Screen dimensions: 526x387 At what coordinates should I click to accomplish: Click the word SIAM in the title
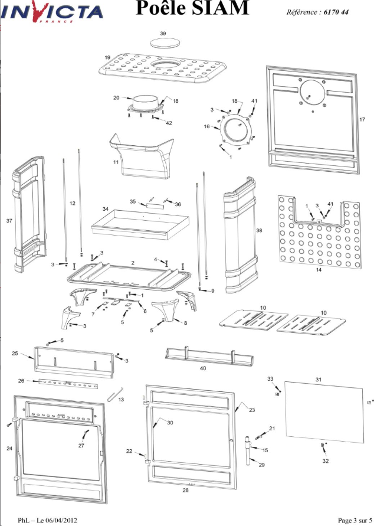point(222,8)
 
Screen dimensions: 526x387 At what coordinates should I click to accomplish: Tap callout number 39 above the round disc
point(163,34)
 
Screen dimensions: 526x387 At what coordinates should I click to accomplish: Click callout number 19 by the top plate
point(108,57)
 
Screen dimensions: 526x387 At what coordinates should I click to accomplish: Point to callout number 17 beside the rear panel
point(362,119)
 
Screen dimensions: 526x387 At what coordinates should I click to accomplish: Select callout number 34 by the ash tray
point(106,209)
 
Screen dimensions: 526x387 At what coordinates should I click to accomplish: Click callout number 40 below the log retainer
point(202,368)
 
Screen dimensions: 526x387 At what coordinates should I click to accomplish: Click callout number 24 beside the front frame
point(9,449)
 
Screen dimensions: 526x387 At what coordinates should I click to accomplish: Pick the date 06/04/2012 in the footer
point(57,520)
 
